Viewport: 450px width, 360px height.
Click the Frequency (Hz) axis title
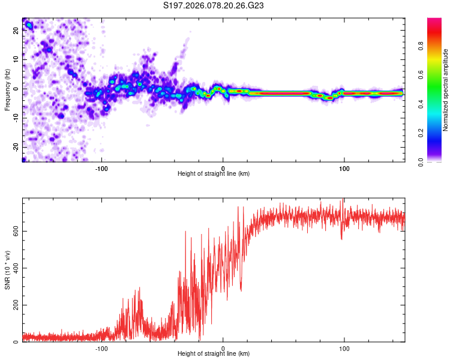7,89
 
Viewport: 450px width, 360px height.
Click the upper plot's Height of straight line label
214,173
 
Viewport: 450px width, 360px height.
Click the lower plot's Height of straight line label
214,354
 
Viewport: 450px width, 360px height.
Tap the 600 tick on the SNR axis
14,232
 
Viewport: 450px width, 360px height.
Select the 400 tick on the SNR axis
14,268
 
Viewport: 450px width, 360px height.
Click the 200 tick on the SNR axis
14,305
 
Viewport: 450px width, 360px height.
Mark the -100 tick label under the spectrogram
101,167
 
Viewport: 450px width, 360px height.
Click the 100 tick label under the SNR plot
344,348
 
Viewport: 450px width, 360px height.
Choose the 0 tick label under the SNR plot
223,348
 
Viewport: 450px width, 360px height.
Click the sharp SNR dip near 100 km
342,238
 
